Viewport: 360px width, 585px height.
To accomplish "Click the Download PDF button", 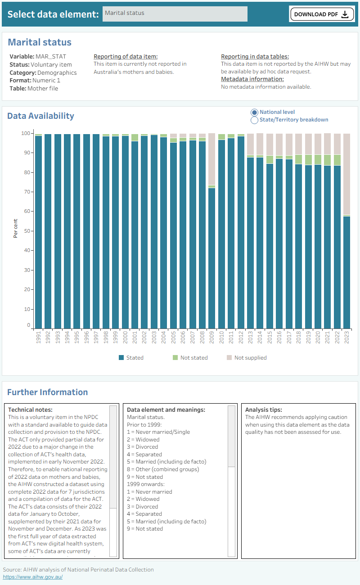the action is (x=322, y=14).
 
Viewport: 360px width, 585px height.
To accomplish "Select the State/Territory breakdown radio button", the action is (x=254, y=120).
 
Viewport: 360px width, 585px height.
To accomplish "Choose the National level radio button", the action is (x=254, y=112).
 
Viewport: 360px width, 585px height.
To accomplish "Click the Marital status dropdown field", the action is (x=175, y=14).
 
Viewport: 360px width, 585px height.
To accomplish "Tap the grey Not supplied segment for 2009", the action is (x=211, y=159).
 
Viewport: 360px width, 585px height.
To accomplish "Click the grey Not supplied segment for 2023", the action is (x=346, y=174).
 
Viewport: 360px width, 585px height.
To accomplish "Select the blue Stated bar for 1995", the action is (x=77, y=231).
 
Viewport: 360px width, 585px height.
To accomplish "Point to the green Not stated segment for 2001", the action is (x=135, y=138).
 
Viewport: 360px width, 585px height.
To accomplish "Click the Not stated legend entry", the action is (x=190, y=358).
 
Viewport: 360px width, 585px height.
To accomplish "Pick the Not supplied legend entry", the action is (x=247, y=358).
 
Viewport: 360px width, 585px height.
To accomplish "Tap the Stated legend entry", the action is (x=131, y=358).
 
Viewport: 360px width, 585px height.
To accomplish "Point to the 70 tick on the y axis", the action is (x=27, y=192).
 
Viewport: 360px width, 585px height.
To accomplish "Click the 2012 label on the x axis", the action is (x=241, y=337).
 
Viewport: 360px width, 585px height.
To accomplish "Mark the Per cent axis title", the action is (x=15, y=229).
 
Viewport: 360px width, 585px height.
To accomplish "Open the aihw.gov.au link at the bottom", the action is (x=33, y=577).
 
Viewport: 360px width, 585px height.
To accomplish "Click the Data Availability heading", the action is (x=40, y=116).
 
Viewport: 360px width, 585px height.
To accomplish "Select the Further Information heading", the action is (x=48, y=392).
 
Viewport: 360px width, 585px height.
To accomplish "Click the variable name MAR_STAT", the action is (x=51, y=56).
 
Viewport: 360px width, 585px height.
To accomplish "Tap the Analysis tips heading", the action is (x=264, y=410).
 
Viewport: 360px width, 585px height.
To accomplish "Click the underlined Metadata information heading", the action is (x=252, y=79).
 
